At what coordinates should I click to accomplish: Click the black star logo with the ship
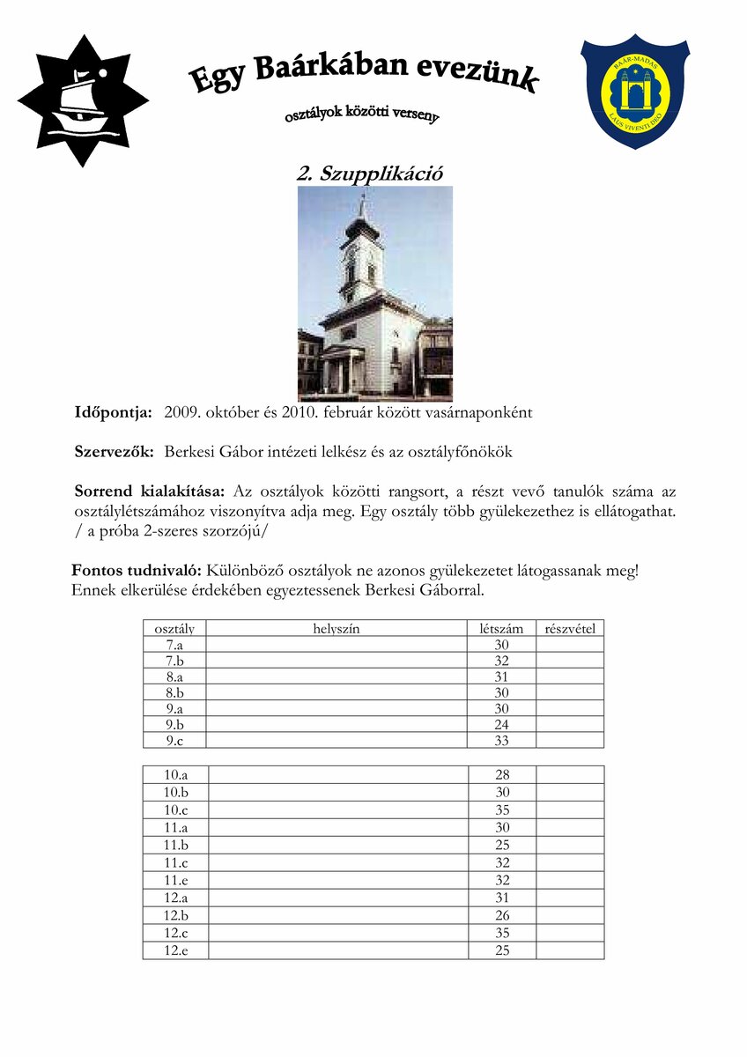click(x=82, y=100)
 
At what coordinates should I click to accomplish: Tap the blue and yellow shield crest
click(x=635, y=91)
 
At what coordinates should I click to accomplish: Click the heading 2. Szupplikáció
click(x=369, y=174)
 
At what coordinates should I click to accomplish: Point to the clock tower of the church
click(x=361, y=255)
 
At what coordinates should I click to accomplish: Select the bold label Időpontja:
click(x=114, y=412)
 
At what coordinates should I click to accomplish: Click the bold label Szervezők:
click(x=115, y=452)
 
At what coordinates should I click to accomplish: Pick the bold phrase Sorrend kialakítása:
click(x=150, y=492)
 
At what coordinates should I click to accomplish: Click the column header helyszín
click(x=337, y=628)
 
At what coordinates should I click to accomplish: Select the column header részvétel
click(x=570, y=628)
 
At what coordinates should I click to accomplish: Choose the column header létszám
click(x=501, y=628)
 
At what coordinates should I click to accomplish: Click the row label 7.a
click(x=174, y=645)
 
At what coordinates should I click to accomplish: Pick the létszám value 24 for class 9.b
click(x=502, y=725)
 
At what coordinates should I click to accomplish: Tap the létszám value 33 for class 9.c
click(x=502, y=741)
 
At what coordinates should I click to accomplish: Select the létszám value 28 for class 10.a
click(x=502, y=775)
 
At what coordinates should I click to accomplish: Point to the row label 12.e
click(x=175, y=950)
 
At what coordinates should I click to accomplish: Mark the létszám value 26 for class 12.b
click(x=502, y=916)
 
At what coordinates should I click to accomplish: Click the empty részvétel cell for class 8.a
click(x=570, y=676)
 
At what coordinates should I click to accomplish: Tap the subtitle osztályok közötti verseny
click(x=361, y=115)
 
